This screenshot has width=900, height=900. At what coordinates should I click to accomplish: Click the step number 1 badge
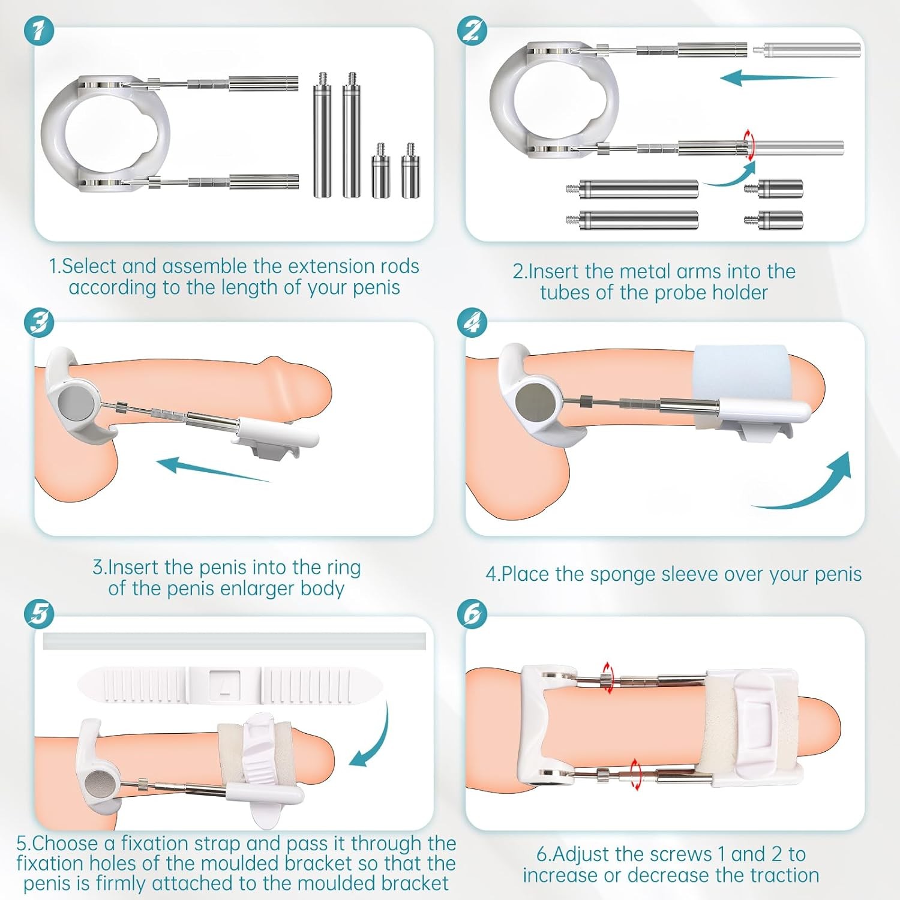pos(39,30)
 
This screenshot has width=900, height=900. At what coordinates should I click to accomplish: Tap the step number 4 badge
pos(472,323)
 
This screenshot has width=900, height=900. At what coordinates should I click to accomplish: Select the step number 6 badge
pos(472,614)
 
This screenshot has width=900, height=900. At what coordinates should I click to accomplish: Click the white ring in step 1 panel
pos(105,133)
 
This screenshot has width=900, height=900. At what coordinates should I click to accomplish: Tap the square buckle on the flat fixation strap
pos(225,684)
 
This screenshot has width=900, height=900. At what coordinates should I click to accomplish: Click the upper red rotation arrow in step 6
pos(608,678)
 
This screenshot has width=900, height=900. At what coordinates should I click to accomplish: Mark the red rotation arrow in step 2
pos(748,145)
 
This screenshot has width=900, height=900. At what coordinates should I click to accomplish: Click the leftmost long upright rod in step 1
pos(323,135)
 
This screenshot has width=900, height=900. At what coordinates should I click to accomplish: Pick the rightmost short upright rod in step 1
pos(410,171)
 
